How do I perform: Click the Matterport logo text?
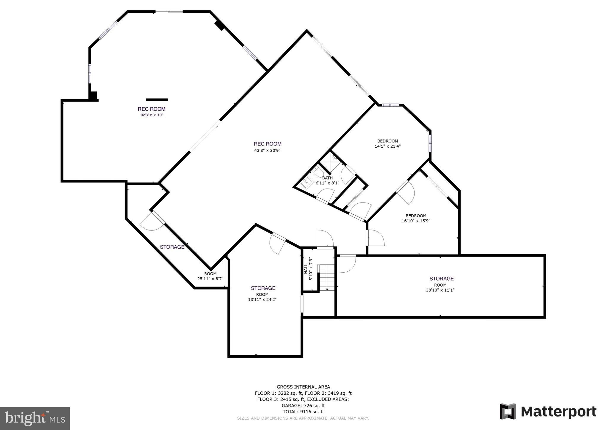[558, 412]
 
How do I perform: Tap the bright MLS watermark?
[35, 418]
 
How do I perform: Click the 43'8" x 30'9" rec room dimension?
[267, 151]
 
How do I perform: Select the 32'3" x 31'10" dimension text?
[152, 115]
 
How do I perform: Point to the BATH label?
[327, 178]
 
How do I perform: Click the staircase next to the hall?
[326, 277]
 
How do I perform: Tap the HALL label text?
[306, 269]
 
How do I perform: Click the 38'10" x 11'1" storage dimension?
[440, 290]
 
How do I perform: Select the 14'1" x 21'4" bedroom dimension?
[388, 146]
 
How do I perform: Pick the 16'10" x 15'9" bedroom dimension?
[416, 221]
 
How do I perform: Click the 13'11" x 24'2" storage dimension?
[262, 300]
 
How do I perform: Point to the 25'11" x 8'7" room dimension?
[210, 279]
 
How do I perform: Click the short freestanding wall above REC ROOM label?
[157, 100]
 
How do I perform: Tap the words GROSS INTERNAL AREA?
[303, 387]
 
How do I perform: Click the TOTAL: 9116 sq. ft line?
[303, 412]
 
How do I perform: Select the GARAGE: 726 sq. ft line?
[303, 405]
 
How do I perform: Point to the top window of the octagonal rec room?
[169, 12]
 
